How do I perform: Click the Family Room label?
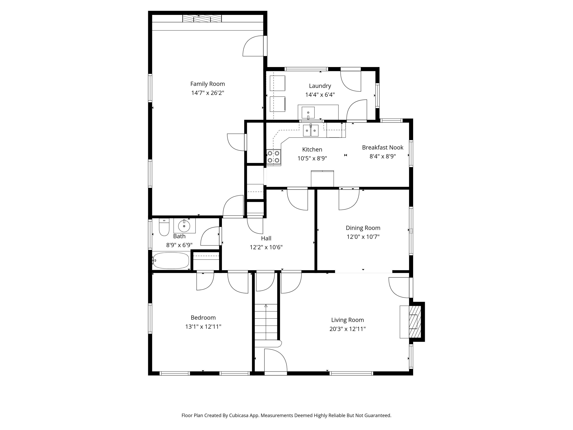[207, 84]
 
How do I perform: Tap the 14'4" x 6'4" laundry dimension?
[320, 95]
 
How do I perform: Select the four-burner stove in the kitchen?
[274, 157]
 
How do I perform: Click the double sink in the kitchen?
[311, 130]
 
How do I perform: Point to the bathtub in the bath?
[171, 260]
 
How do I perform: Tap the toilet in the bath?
[164, 228]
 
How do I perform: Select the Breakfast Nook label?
[382, 148]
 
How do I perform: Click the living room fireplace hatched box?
[414, 322]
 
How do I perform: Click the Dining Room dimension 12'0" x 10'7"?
[363, 237]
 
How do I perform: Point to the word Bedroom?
[203, 317]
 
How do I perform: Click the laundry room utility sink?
[308, 113]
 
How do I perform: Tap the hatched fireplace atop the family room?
[202, 18]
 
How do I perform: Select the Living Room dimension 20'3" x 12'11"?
[347, 329]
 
